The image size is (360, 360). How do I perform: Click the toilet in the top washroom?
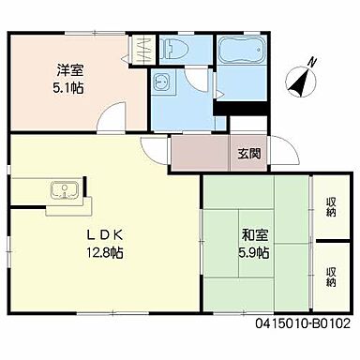pyautogui.click(x=173, y=50)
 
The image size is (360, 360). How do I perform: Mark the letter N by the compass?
pyautogui.click(x=312, y=63)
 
